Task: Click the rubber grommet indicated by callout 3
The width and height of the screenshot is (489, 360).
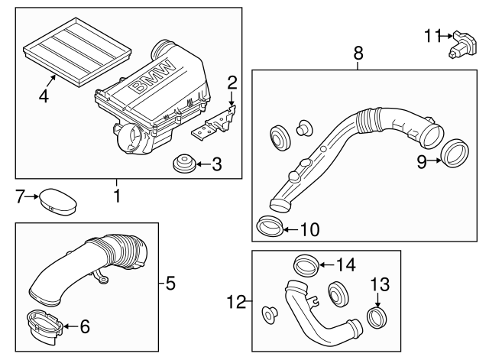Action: pos(183,164)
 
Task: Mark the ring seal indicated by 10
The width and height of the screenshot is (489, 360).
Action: pos(269,225)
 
